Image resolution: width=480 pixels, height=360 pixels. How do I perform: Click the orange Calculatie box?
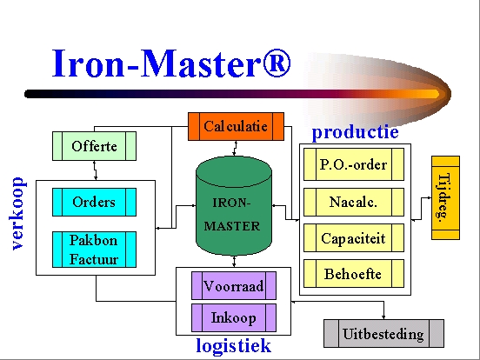[x=236, y=126]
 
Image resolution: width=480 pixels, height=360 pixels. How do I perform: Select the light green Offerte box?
[x=94, y=146]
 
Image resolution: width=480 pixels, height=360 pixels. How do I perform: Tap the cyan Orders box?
[x=94, y=202]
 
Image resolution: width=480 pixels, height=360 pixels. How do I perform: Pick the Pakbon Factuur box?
[x=94, y=250]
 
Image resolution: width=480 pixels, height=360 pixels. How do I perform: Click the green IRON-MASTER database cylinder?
[x=234, y=206]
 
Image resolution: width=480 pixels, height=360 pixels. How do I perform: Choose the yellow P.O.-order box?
[x=354, y=164]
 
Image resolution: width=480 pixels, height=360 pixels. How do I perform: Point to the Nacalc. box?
[x=354, y=202]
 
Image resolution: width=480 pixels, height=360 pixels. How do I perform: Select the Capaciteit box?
[x=354, y=238]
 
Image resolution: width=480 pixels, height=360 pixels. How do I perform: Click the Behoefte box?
[x=354, y=273]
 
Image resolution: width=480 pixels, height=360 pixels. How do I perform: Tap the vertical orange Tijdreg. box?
[x=445, y=197]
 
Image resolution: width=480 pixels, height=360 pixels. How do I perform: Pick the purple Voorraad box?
[x=234, y=285]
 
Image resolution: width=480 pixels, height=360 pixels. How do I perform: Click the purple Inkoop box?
[x=234, y=317]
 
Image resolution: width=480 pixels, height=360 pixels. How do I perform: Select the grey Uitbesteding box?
[x=383, y=333]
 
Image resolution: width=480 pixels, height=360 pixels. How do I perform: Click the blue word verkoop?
[x=17, y=213]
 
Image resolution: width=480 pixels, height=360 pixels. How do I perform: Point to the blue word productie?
[x=355, y=132]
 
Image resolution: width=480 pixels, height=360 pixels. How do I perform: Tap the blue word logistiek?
[x=234, y=345]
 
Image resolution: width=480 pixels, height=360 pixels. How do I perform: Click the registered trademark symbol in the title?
[x=277, y=63]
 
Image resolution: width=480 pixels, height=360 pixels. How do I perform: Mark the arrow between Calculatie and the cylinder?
[x=235, y=149]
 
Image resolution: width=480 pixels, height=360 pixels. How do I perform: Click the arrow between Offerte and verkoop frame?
[x=95, y=170]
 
